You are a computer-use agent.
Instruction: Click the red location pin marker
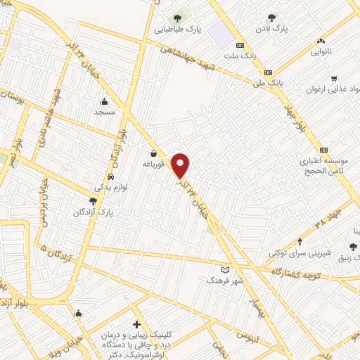pyautogui.click(x=181, y=165)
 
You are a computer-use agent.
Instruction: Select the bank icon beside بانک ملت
pyautogui.click(x=240, y=45)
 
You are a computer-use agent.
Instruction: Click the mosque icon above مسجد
pyautogui.click(x=104, y=101)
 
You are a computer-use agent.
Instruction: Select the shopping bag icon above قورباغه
pyautogui.click(x=153, y=153)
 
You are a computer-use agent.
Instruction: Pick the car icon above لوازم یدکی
pyautogui.click(x=111, y=176)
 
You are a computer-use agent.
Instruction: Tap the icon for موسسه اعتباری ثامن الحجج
pyautogui.click(x=323, y=150)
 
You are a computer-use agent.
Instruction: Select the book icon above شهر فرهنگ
pyautogui.click(x=225, y=269)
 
